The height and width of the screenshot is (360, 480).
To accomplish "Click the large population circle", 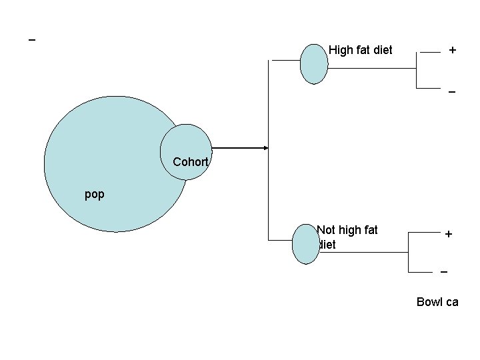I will pyautogui.click(x=107, y=167).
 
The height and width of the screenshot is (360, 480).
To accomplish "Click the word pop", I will pyautogui.click(x=95, y=195).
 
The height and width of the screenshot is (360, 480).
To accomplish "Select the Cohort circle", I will pyautogui.click(x=187, y=143).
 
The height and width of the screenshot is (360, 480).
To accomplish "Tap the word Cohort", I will pyautogui.click(x=191, y=162).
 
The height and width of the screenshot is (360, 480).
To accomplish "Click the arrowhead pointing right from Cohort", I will pyautogui.click(x=265, y=148).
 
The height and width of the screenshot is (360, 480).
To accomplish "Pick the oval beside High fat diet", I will pyautogui.click(x=313, y=64).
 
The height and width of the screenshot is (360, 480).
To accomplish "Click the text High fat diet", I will pyautogui.click(x=361, y=50).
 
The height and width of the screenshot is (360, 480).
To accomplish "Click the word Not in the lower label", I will pyautogui.click(x=326, y=230).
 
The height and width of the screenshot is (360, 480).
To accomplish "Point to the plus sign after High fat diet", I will pyautogui.click(x=453, y=50).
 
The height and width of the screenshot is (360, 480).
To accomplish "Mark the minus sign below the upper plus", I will pyautogui.click(x=452, y=91).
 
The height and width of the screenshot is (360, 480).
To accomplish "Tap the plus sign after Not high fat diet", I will pyautogui.click(x=449, y=234).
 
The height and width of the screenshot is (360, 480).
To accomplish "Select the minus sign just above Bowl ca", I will pyautogui.click(x=444, y=273).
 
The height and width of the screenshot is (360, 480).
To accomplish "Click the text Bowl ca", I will pyautogui.click(x=437, y=302).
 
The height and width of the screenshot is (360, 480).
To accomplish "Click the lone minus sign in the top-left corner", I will pyautogui.click(x=31, y=41).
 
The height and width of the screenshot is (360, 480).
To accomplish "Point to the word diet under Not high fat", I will pyautogui.click(x=327, y=245).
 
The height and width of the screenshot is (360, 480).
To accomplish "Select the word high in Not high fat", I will pyautogui.click(x=351, y=230).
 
